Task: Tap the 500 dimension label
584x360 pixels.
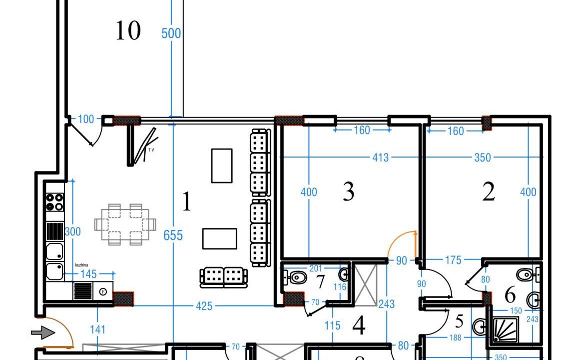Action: tap(171, 33)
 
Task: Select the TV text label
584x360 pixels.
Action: tap(150, 149)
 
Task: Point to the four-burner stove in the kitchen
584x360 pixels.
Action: tap(55, 201)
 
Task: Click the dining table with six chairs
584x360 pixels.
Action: tap(125, 224)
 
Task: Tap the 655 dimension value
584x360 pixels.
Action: tap(173, 235)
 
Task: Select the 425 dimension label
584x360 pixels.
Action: tap(204, 305)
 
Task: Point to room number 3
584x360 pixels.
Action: tap(349, 191)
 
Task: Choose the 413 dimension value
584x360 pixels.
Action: tap(380, 157)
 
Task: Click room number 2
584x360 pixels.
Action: tap(489, 192)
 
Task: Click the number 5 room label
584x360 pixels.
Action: tap(460, 320)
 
